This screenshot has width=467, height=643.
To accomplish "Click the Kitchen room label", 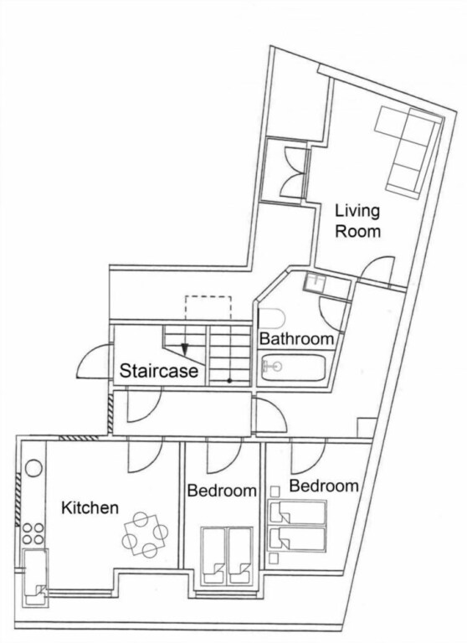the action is [90, 507].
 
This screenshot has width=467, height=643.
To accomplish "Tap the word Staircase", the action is [159, 371].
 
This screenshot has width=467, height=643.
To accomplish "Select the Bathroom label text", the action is [296, 339].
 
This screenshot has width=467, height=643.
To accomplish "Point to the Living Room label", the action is [357, 221].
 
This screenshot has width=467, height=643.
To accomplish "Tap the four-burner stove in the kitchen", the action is [33, 533].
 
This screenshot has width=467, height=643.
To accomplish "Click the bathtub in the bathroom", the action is [294, 368].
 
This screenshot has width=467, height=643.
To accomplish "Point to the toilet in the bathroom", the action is [272, 319].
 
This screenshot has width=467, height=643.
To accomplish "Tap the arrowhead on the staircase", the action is [184, 348].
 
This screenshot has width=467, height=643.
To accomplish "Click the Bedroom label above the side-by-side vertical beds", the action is [222, 491].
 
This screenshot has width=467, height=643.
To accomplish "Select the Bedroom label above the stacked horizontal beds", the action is [324, 486].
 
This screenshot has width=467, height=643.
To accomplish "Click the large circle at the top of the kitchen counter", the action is [33, 468].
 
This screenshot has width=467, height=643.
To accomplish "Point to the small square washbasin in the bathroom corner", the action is [315, 282].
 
